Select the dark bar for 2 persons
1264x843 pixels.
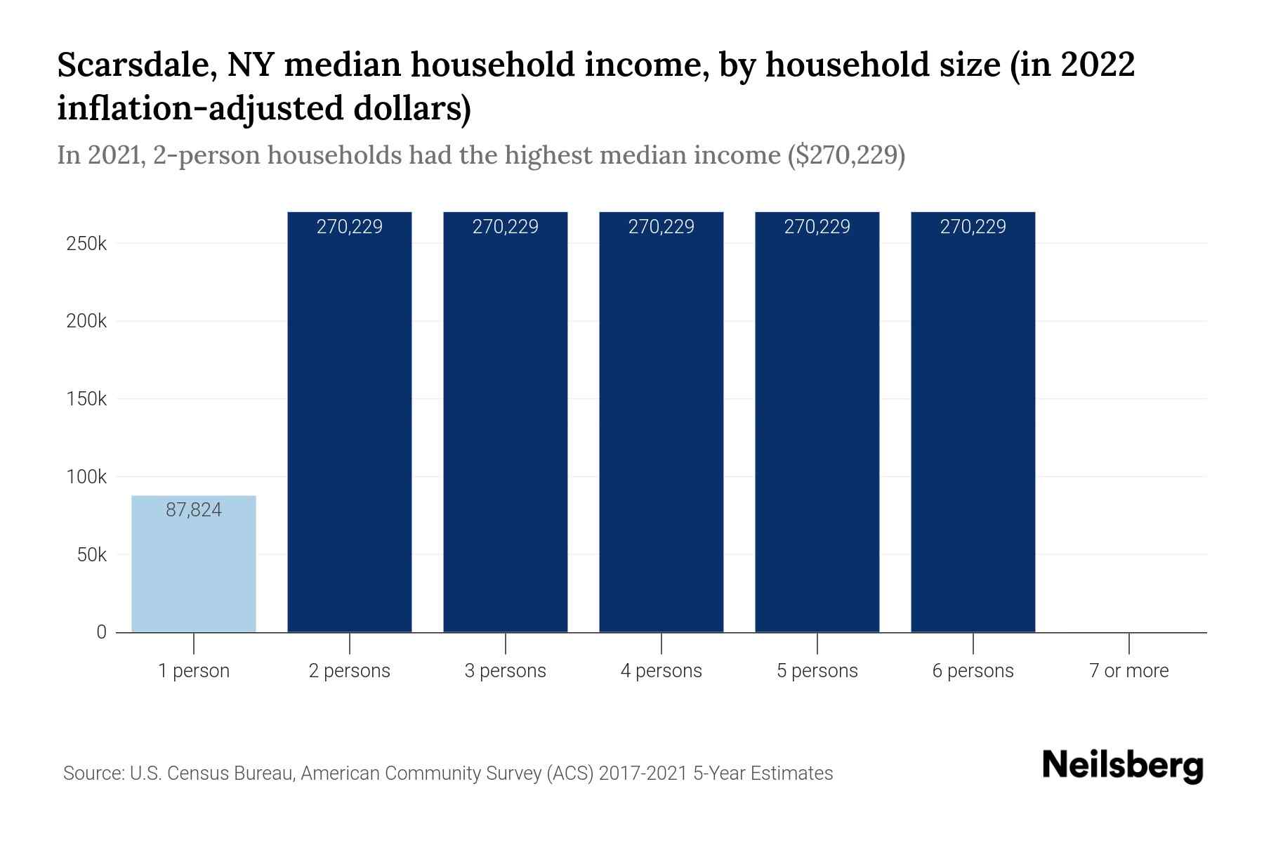click(350, 421)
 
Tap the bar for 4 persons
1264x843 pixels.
click(661, 421)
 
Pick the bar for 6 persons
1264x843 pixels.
click(973, 421)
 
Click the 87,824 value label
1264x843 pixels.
click(194, 510)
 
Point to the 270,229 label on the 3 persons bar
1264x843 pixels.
click(505, 227)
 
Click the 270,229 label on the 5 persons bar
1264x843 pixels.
click(817, 227)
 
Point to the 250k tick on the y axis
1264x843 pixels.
click(86, 244)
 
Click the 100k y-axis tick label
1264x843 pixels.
click(86, 477)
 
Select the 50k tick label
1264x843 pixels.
click(91, 555)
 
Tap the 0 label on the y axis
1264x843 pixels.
click(101, 632)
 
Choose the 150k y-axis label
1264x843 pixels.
click(86, 399)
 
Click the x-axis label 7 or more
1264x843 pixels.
click(1128, 671)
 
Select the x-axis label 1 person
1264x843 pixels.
click(194, 671)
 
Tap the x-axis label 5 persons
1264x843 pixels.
click(817, 671)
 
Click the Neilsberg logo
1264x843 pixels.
click(1123, 766)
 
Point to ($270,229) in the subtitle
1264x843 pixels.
click(846, 155)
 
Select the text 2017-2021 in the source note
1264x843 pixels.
click(643, 773)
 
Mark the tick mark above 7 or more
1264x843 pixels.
click(1128, 643)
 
